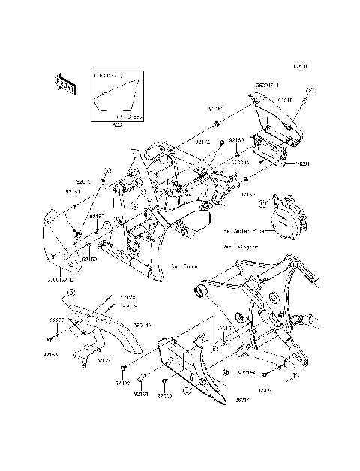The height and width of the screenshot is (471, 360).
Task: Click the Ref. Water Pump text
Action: tap(244, 232)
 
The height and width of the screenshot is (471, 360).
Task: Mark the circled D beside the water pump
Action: tap(262, 203)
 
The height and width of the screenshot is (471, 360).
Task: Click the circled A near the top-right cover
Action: tap(310, 91)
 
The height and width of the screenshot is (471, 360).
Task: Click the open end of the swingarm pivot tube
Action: tap(200, 289)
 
